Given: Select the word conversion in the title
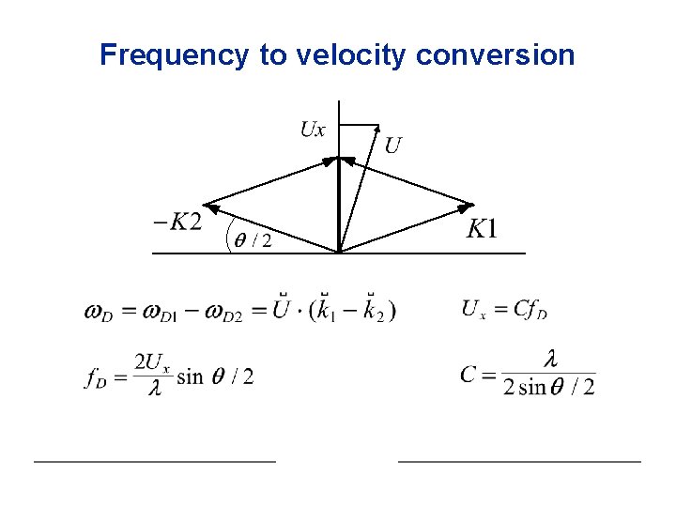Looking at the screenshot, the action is pos(495,55).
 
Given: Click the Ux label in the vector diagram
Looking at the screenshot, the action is pos(313,130).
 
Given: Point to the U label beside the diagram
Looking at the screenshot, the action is pos(393,146).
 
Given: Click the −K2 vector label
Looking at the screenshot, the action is pos(177,222).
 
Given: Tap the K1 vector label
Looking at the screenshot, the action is pos(483,229).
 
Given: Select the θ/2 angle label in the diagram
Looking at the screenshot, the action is pos(253,241).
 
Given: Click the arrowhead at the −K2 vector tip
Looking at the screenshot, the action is pos(210,205).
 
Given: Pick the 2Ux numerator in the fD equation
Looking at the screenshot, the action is pos(151,362).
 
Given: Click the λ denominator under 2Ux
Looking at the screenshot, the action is pos(154,389).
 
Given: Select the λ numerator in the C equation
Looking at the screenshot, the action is pos(551,359).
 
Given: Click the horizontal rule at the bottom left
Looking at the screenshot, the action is pos(155,461).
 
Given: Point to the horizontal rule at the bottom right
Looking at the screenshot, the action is pos(519,461).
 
